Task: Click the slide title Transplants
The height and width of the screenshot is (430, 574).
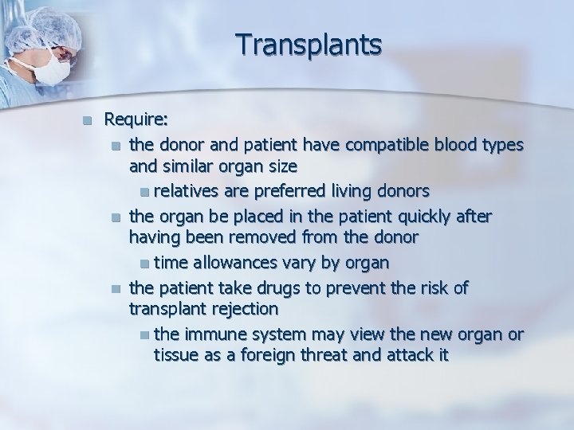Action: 309,45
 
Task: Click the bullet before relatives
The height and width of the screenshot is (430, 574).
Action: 142,192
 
